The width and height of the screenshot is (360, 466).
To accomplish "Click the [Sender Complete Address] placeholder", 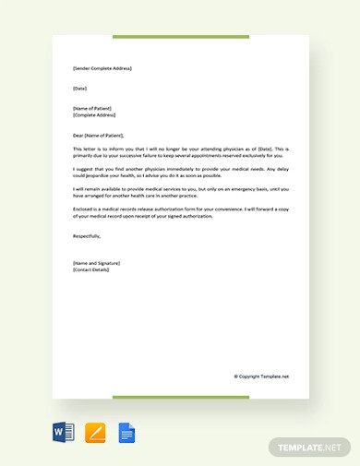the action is (102, 68).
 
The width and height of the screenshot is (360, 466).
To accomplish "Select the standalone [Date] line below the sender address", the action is (80, 89).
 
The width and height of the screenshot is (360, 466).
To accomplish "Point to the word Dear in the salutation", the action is (78, 135).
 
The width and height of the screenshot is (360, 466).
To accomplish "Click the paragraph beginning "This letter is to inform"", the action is (180, 151).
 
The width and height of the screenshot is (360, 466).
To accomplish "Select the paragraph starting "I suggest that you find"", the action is (180, 172).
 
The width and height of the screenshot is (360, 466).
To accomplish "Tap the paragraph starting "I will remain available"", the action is (180, 192).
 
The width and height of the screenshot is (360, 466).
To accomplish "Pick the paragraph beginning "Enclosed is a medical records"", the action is (180, 212).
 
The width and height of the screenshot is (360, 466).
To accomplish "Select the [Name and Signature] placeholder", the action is (96, 263).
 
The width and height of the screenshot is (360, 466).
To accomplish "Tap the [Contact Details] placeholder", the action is (90, 270).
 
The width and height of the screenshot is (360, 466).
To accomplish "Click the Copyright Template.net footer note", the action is (261, 376).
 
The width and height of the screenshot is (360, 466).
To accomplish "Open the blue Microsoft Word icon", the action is (63, 431).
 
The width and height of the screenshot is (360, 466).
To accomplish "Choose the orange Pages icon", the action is (95, 431).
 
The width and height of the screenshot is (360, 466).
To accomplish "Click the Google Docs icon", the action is (126, 431).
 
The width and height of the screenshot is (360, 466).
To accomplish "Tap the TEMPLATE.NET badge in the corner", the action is (311, 447).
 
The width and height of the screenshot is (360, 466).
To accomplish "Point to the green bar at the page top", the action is (180, 37).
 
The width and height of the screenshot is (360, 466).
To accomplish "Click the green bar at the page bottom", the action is (180, 398).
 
